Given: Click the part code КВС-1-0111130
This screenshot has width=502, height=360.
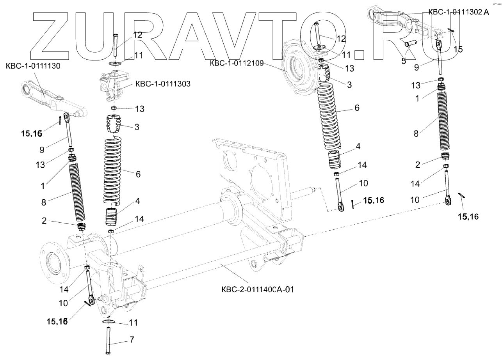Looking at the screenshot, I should tap(33, 66).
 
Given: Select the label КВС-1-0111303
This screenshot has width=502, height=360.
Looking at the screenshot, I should tap(163, 84).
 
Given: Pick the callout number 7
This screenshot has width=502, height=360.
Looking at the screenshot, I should tap(132, 340).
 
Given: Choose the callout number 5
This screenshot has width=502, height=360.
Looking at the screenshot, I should tap(404, 60).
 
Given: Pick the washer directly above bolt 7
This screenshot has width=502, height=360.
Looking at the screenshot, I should tap(109, 322).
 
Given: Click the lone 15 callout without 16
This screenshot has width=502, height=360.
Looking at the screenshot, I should tap(458, 49).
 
